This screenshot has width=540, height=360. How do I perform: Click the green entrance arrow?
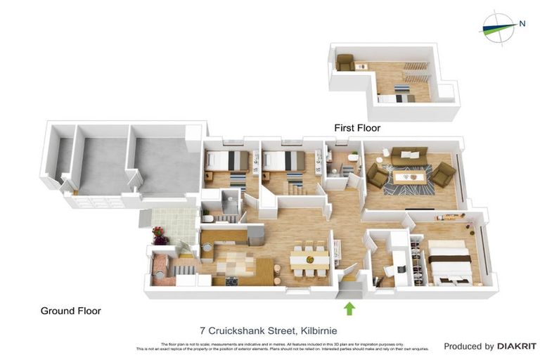[349, 307]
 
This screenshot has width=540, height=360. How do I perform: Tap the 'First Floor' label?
[356, 128]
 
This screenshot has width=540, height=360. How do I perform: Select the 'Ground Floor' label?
[70, 310]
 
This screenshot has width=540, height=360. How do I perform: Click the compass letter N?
[522, 23]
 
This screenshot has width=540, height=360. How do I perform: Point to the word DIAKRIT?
[517, 346]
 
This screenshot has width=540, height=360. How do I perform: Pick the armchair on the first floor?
[345, 63]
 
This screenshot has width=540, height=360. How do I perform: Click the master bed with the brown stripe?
[450, 258]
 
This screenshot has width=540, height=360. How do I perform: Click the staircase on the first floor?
[413, 71]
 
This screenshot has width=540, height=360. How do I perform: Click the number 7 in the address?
[202, 330]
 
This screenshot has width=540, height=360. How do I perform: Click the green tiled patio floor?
[172, 222]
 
